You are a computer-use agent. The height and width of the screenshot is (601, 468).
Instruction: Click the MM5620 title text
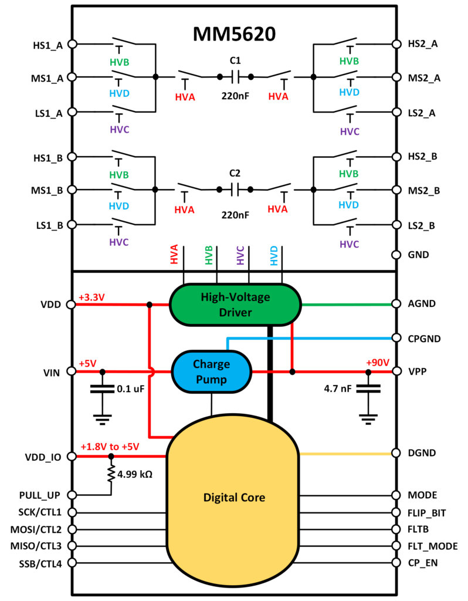234,35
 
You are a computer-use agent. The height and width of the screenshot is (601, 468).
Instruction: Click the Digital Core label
234,498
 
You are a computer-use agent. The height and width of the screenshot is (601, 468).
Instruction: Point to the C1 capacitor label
235,61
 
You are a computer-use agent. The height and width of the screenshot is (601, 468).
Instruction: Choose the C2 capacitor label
235,174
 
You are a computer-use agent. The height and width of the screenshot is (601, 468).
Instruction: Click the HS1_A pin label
48,44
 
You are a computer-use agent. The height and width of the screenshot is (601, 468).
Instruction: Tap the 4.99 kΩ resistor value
135,474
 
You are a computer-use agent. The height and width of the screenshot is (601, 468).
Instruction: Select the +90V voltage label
378,362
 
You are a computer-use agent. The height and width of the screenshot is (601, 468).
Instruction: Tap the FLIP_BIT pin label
427,513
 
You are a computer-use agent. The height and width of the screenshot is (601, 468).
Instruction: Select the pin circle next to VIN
73,372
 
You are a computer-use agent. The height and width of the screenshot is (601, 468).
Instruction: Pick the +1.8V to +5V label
110,447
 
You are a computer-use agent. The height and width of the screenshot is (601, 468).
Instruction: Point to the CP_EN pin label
422,563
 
